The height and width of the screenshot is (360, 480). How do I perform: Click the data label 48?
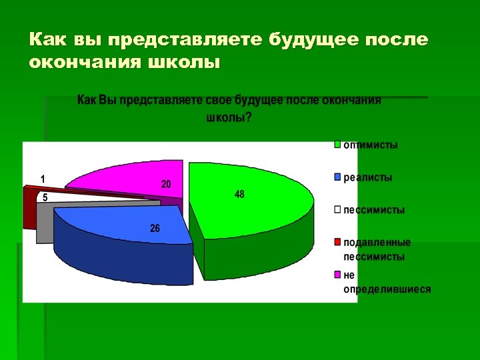point(239,194)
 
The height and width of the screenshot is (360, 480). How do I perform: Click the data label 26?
point(155,228)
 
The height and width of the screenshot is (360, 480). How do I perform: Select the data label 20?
point(166,184)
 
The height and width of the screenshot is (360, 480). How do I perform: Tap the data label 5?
point(45,197)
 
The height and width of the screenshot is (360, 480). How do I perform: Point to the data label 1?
point(43,179)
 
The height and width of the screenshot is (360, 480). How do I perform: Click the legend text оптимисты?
point(371,145)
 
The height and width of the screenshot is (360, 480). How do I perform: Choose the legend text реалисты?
point(368,177)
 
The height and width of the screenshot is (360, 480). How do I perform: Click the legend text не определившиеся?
point(387,282)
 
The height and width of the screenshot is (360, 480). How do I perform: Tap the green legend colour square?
point(338,145)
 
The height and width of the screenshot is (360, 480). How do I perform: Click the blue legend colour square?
point(338,177)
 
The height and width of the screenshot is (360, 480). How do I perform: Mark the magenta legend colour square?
point(338,275)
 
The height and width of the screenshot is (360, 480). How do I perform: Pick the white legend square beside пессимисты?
point(338,210)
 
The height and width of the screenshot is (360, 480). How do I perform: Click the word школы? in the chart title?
point(229,118)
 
